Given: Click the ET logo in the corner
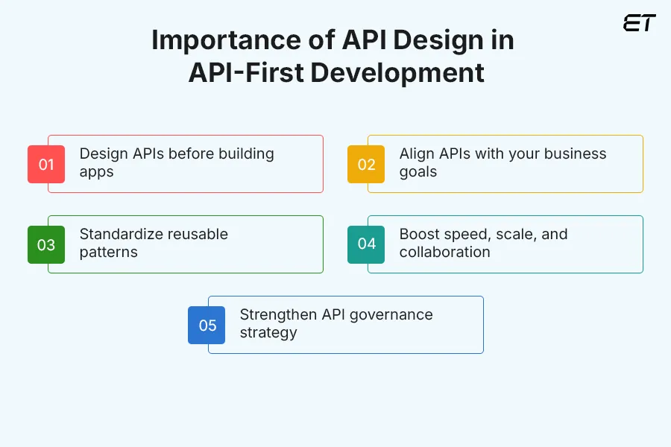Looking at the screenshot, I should point(639,23).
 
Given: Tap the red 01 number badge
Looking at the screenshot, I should point(46,164).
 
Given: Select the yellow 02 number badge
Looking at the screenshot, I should point(366,164).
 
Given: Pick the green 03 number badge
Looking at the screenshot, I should point(46,244).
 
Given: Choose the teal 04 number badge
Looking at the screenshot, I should point(366,244).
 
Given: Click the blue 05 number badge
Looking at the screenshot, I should point(207,325).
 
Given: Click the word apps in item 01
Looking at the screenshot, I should point(96,172).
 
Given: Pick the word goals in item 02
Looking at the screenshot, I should point(418,172).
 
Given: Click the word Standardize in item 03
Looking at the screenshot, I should point(121,234).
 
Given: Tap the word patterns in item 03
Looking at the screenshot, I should point(108,253).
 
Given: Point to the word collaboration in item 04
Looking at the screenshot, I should point(444,253).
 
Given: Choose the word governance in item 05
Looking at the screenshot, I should point(389,314).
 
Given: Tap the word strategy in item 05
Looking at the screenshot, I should point(268,333).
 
